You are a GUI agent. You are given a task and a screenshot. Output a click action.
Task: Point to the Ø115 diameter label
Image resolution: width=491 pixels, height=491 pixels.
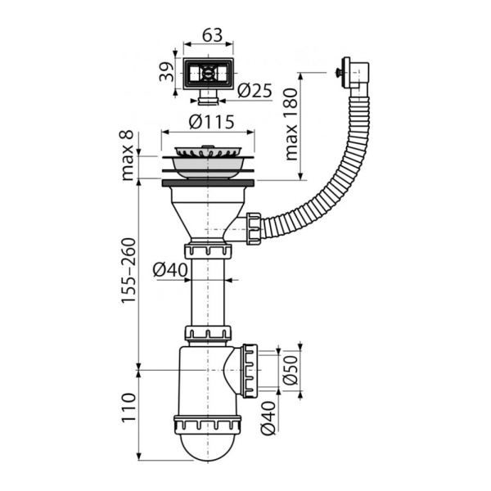(x=211, y=122)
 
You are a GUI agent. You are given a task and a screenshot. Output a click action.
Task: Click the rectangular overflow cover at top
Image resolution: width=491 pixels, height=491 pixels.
(x=207, y=75)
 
